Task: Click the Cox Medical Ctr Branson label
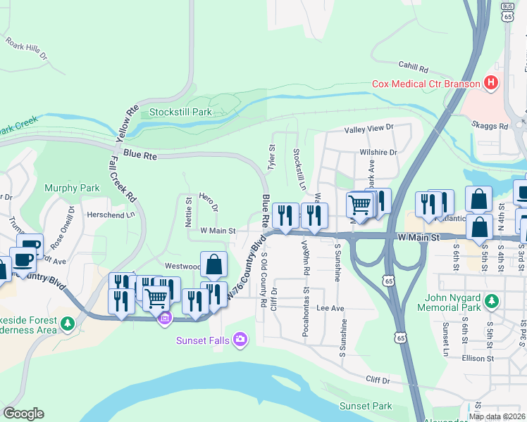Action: [x=426, y=84]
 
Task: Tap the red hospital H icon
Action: [x=492, y=83]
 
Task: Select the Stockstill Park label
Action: [x=180, y=112]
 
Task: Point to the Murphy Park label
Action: [x=72, y=188]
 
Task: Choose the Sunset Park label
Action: [x=366, y=406]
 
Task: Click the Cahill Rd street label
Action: [x=413, y=69]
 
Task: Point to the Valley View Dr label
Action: [x=368, y=129]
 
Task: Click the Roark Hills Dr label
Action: [x=26, y=48]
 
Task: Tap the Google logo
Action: [x=23, y=414]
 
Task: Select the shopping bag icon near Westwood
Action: [x=214, y=264]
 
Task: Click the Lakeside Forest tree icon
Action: [x=68, y=324]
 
